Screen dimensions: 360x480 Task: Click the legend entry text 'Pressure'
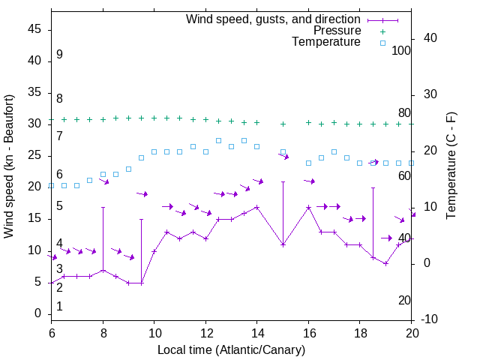pyautogui.click(x=337, y=31)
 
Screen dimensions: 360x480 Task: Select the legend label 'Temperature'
pyautogui.click(x=326, y=42)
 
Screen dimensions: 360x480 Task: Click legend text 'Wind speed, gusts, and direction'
pyautogui.click(x=274, y=19)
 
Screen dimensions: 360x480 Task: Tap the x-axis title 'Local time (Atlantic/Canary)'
pyautogui.click(x=232, y=349)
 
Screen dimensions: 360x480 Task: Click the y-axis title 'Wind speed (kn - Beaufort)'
pyautogui.click(x=9, y=166)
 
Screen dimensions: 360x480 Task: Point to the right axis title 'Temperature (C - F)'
pyautogui.click(x=451, y=166)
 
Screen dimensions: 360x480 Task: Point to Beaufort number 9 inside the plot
pyautogui.click(x=59, y=55)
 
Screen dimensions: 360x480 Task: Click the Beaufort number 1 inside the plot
pyautogui.click(x=59, y=306)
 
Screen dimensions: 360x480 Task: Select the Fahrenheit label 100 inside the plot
pyautogui.click(x=401, y=50)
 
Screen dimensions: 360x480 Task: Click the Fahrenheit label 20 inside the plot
pyautogui.click(x=404, y=300)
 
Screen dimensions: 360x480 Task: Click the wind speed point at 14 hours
pyautogui.click(x=256, y=207)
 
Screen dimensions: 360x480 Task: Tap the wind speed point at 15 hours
pyautogui.click(x=283, y=244)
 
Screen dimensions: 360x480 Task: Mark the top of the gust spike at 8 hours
pyautogui.click(x=103, y=207)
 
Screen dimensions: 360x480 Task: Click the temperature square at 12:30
pyautogui.click(x=218, y=140)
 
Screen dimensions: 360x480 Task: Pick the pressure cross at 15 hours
pyautogui.click(x=283, y=124)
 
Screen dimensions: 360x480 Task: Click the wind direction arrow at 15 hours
pyautogui.click(x=283, y=155)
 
